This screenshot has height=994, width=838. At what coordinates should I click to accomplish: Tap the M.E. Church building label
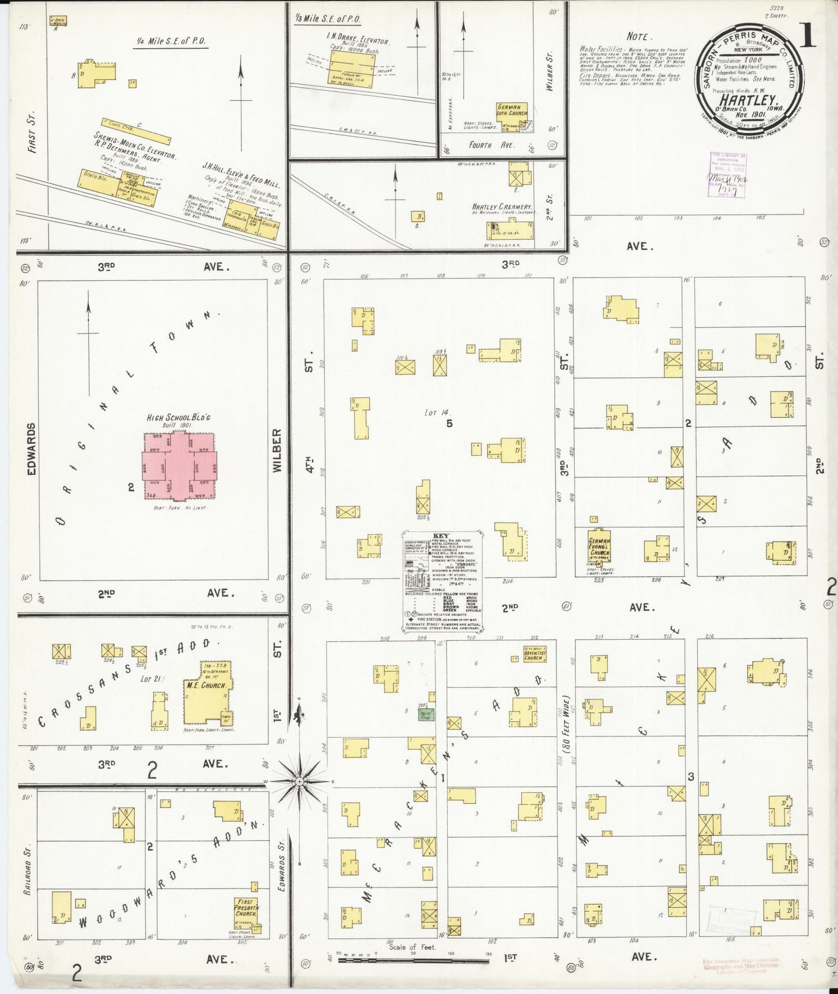205,685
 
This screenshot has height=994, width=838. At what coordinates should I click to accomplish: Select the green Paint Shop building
427,715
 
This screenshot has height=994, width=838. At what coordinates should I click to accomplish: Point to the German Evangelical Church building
599,545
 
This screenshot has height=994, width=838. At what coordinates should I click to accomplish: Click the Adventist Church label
533,655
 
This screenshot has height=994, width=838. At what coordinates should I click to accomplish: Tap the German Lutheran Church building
512,110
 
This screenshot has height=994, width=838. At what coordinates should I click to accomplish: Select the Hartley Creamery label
502,206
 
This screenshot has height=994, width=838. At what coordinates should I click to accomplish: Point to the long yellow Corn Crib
136,132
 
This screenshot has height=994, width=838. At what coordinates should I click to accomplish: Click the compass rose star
299,782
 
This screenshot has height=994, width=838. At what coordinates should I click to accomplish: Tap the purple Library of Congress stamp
728,175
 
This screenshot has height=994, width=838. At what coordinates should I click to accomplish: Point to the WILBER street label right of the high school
277,450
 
